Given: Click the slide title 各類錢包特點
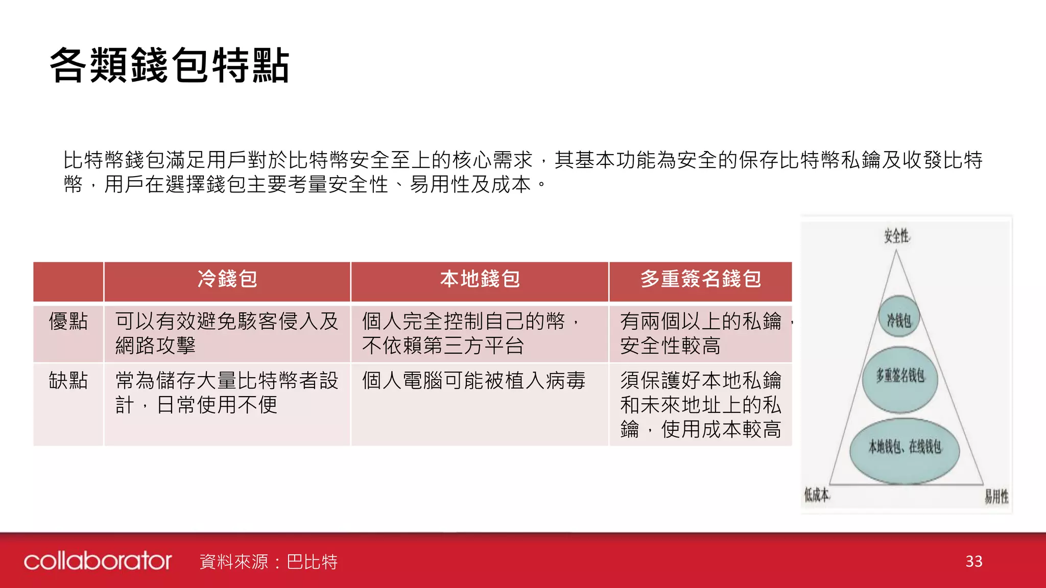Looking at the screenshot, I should pos(170,65).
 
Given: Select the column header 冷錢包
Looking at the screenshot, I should pos(227,280).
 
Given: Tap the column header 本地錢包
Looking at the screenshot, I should pos(480,280).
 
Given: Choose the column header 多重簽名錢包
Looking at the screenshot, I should pos(701,280).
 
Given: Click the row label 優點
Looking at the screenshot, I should pos(68,322).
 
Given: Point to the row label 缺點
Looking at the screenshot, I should pos(68,381).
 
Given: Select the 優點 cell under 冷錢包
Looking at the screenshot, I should pos(227,334).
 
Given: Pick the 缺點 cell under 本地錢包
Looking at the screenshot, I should pos(473,381).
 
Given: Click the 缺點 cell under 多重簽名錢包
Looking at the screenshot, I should pos(701,405).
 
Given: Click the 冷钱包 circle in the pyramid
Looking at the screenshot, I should pos(899,320).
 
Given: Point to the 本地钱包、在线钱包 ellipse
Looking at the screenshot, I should pos(905,448).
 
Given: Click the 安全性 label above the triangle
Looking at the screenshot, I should pos(896,236).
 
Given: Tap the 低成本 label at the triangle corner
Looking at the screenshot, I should pos(817,494).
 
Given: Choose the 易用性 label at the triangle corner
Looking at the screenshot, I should pos(996,496).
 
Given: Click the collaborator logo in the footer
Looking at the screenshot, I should pos(98,561).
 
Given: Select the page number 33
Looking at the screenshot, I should pos(974,561).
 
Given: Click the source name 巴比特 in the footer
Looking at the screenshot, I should pos(312,562).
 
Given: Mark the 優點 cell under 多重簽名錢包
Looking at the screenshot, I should pos(701,334).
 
